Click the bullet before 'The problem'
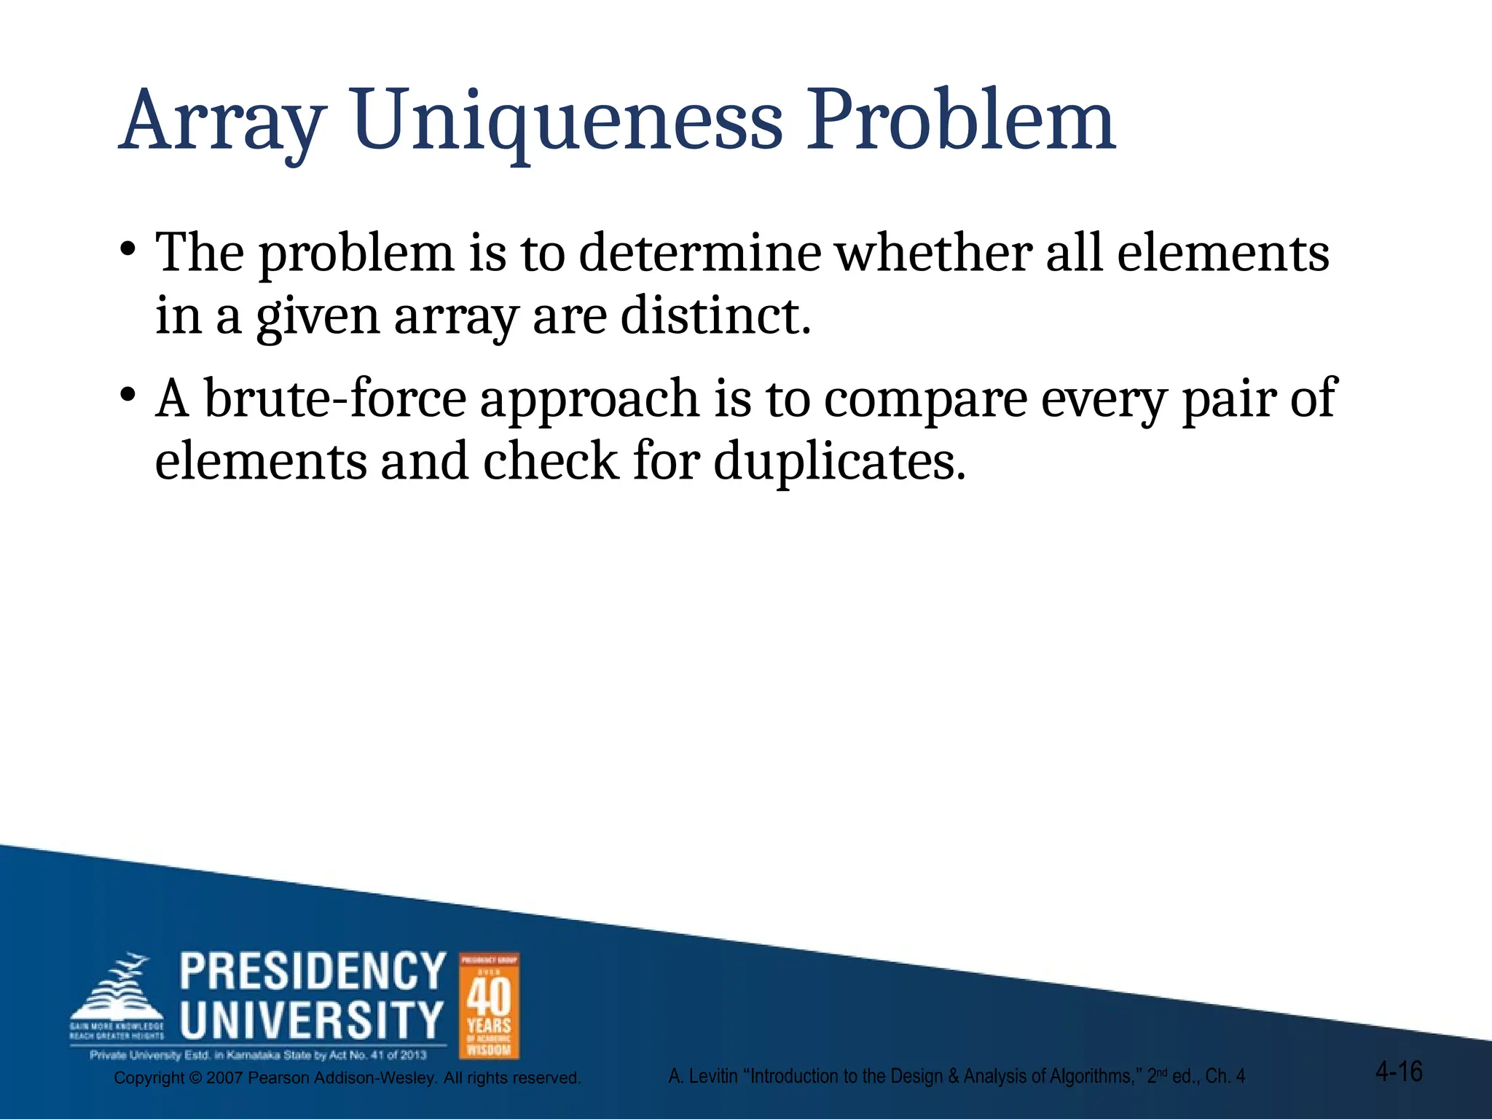point(127,250)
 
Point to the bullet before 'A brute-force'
point(127,396)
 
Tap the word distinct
point(715,316)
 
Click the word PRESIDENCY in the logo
point(313,971)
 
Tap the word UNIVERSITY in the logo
point(312,1019)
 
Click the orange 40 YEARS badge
point(489,1006)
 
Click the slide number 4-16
point(1399,1072)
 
